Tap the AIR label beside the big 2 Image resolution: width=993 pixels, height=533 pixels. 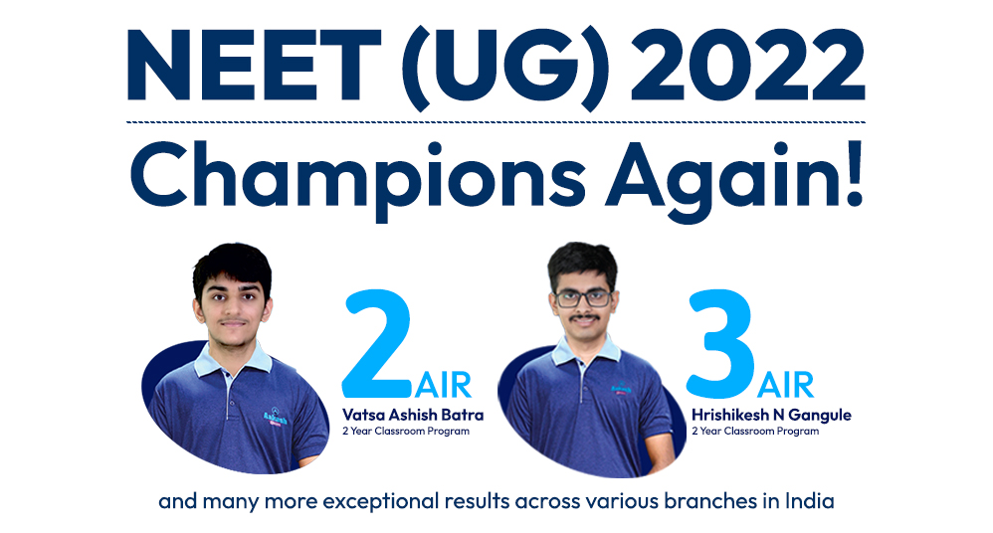[444, 385]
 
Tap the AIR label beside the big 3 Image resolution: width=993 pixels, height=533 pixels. [785, 385]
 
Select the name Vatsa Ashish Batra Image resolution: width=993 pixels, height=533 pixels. [413, 415]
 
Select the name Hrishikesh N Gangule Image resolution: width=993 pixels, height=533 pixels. [771, 416]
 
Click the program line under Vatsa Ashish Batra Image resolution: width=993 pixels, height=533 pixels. [406, 432]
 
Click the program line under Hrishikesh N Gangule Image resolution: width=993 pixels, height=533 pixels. [755, 432]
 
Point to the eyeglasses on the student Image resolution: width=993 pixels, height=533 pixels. [584, 298]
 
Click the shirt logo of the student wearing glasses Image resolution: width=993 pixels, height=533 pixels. [621, 388]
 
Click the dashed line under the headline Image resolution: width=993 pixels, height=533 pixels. [496, 121]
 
